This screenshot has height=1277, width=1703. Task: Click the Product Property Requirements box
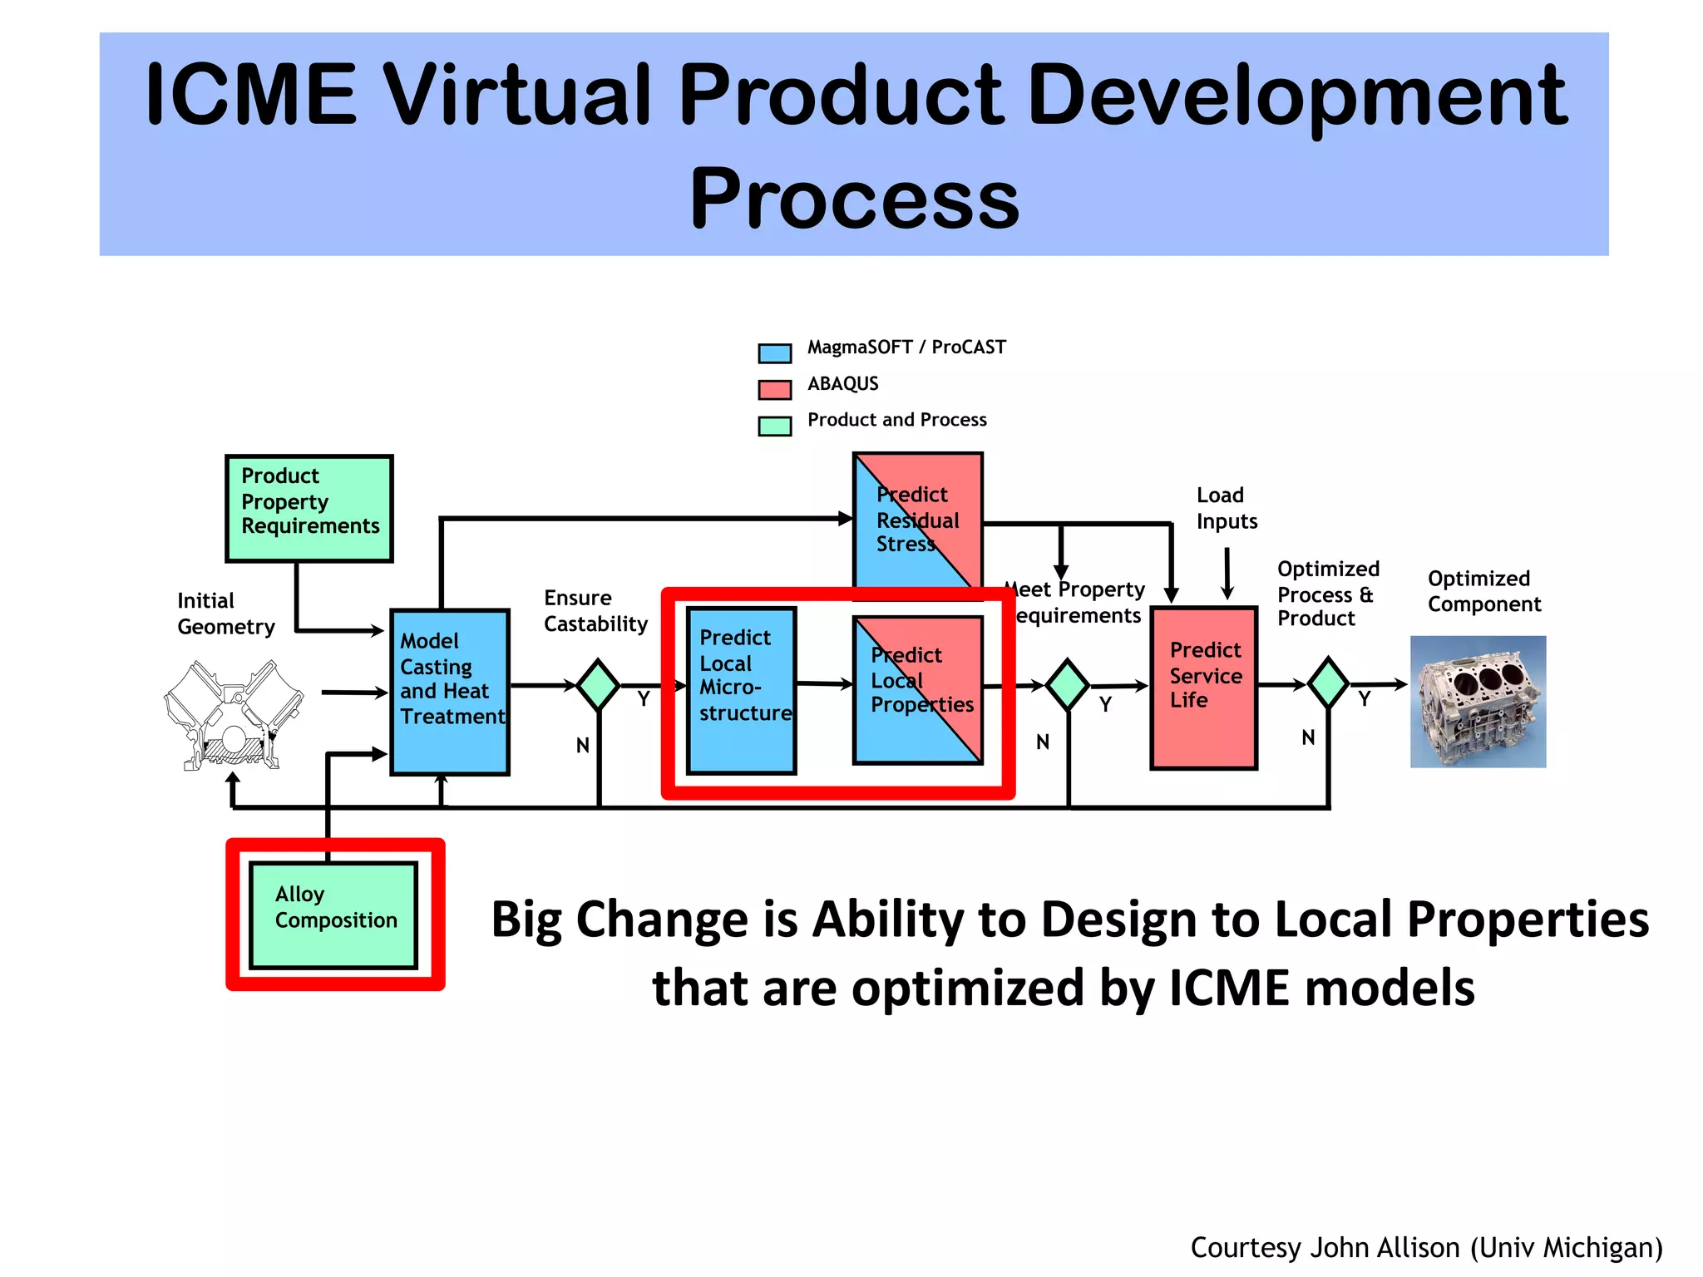coord(309,508)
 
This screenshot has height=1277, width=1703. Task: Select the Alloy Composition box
coord(333,915)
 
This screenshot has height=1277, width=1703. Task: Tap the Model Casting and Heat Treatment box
coord(450,692)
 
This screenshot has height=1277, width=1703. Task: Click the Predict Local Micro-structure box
coord(741,690)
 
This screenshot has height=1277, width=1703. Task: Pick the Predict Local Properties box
coord(918,690)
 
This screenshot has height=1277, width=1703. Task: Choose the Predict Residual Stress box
coord(918,520)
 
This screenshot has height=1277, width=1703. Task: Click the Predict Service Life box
coord(1203,688)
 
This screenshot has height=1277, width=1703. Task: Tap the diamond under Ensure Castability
coord(598,685)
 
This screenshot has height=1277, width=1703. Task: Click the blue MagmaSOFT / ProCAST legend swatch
coord(774,353)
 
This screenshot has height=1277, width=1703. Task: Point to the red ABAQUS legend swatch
coord(774,389)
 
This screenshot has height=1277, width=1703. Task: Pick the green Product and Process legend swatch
coord(774,426)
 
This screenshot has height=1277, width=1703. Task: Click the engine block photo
coord(1478,701)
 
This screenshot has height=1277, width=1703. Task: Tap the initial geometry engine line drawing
coord(233,715)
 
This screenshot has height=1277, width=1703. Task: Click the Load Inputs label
coord(1227,508)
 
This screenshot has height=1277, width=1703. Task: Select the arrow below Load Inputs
coord(1227,574)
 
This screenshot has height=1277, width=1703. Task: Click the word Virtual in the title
coord(516,96)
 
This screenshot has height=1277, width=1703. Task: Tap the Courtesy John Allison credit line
coord(1426,1247)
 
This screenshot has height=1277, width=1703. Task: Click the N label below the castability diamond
coord(583,745)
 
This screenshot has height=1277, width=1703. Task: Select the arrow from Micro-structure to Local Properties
coord(824,684)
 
